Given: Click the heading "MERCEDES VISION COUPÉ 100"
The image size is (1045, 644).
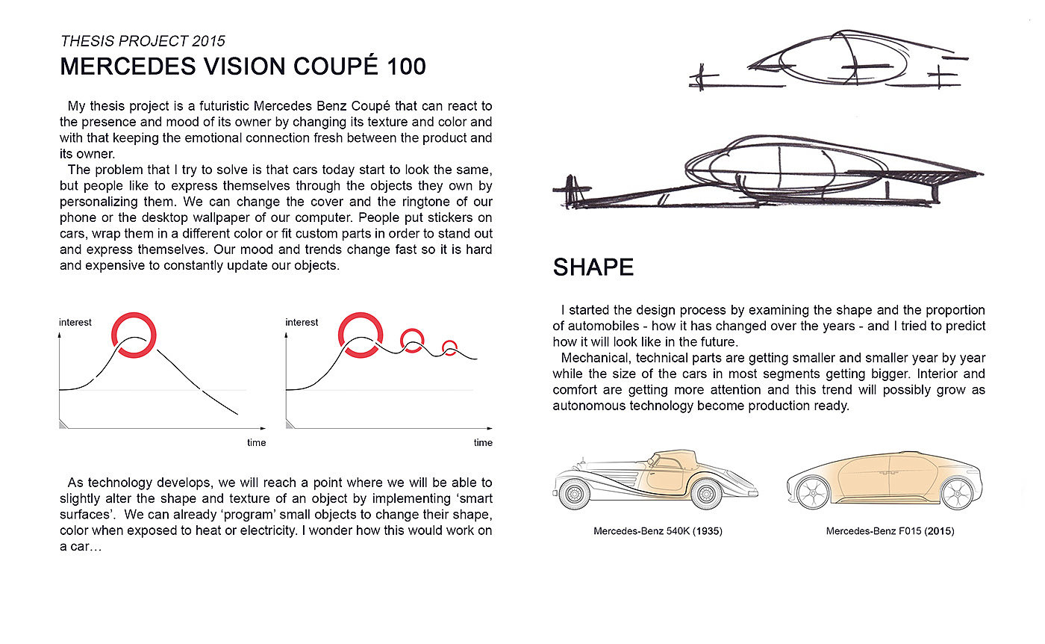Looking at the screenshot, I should [x=243, y=66].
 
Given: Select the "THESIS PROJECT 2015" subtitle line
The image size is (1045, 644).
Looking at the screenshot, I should [x=143, y=41].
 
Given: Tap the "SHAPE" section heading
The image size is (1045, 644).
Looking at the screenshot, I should [x=593, y=267].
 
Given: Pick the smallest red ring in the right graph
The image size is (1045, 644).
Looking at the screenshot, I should [x=449, y=347].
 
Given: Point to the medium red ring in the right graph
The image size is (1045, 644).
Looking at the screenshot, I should [x=411, y=340].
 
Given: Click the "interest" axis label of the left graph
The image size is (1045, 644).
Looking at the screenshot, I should [x=75, y=322].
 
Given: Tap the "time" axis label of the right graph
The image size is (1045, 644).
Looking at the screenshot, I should [x=483, y=443].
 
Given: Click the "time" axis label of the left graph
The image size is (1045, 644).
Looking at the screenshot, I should [x=256, y=443].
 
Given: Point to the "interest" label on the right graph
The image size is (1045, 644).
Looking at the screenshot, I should [x=302, y=322].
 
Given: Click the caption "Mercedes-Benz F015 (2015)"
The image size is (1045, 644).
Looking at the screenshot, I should [x=890, y=532].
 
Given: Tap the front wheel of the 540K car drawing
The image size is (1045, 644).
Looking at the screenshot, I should [x=575, y=494].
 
